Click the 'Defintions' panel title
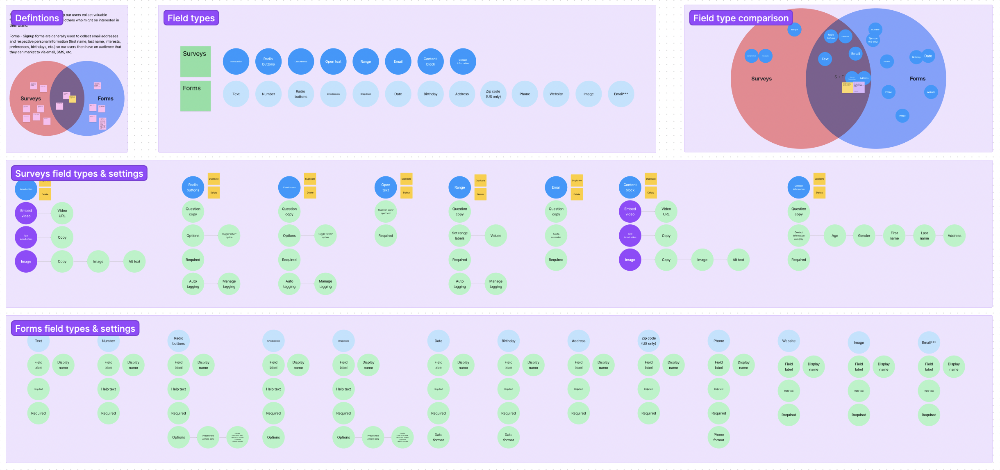37,18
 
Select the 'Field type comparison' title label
741,18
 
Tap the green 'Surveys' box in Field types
195,62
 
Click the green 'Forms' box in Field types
195,96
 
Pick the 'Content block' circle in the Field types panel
430,62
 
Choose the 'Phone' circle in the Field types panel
525,94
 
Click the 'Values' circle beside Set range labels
495,236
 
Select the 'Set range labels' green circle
459,236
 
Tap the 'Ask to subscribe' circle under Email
556,236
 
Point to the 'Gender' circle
864,236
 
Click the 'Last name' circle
924,236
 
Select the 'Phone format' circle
718,437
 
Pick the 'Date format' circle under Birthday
508,437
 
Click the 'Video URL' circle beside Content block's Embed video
666,212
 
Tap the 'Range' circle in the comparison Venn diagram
794,30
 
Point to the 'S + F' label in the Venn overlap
839,77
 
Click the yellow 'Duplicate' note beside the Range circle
480,180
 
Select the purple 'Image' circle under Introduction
26,262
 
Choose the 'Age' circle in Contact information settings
835,236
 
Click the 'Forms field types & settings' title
75,329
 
